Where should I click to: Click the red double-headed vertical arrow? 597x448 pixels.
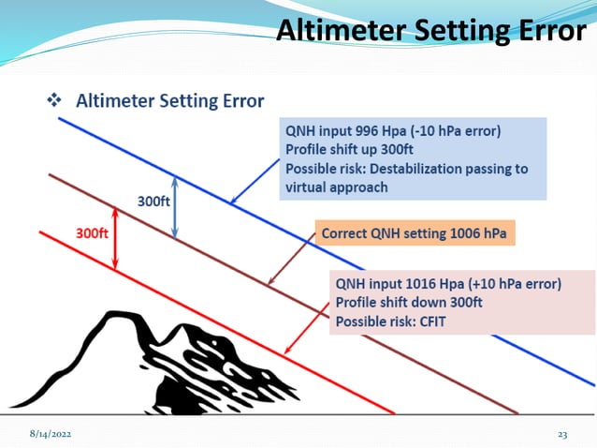pos(115,248)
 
